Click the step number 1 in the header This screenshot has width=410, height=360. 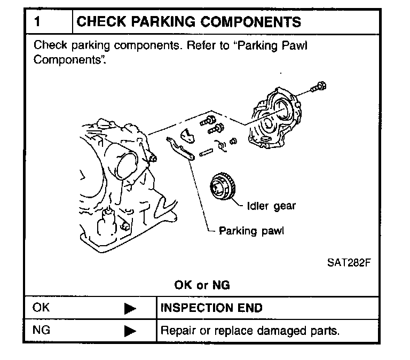pyautogui.click(x=38, y=22)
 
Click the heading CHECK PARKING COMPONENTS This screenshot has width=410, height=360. pyautogui.click(x=189, y=22)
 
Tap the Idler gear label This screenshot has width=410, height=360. pyautogui.click(x=271, y=206)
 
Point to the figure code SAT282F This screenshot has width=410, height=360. pyautogui.click(x=349, y=263)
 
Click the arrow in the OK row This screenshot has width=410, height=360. pyautogui.click(x=130, y=308)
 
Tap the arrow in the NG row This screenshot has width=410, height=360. pyautogui.click(x=130, y=331)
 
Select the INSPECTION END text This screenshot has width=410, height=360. pyautogui.click(x=211, y=308)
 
